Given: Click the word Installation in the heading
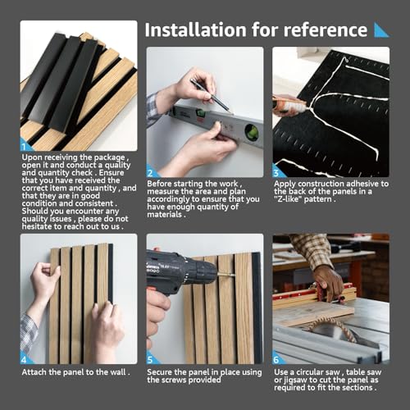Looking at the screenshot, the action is click(x=195, y=30).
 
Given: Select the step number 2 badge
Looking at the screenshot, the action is click(x=151, y=172).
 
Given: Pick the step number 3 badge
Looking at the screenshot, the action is click(x=277, y=172).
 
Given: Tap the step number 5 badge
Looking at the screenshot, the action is click(x=151, y=358).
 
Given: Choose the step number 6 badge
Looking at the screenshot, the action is click(x=277, y=358).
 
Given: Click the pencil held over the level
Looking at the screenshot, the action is click(x=211, y=95).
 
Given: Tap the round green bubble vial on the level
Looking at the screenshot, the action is click(x=252, y=131).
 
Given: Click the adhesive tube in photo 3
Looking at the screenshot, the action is click(x=289, y=105).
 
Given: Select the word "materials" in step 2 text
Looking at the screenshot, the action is click(x=165, y=215).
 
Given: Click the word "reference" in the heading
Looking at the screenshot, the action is click(x=326, y=30).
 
